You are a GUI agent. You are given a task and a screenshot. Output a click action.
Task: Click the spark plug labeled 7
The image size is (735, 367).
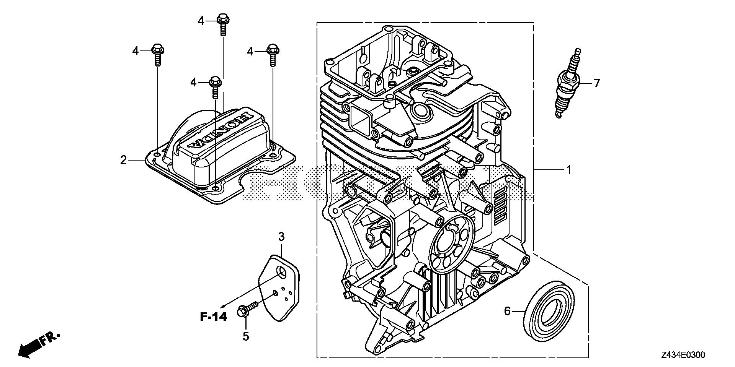coord(569,84)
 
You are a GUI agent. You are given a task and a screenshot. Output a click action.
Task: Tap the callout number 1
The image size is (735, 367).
coord(568,169)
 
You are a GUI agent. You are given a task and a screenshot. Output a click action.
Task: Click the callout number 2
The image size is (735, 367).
coord(123,160)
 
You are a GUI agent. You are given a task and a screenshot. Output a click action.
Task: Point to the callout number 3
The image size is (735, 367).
coord(281,237)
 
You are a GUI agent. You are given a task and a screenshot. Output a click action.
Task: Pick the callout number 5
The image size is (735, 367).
coord(245,336)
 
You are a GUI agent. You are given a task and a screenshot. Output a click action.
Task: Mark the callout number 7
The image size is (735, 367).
coord(596,83)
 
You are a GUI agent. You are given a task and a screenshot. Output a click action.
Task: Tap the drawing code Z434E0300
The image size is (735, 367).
coord(683,356)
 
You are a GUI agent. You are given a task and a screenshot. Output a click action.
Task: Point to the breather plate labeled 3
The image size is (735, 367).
coord(279,291)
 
